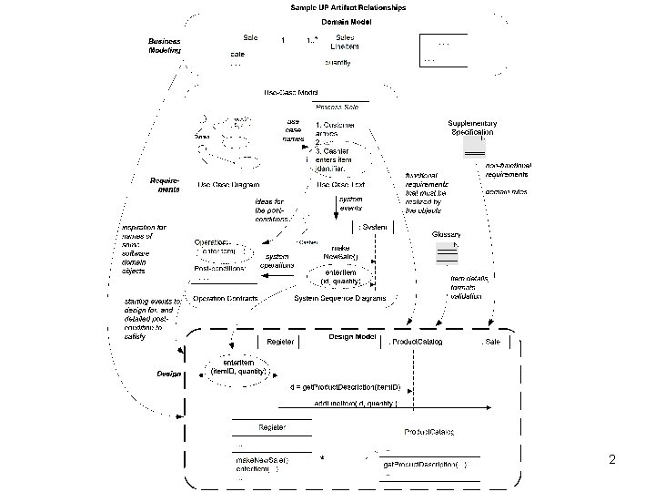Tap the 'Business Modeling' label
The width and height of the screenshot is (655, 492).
click(165, 46)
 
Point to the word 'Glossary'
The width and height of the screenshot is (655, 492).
click(447, 234)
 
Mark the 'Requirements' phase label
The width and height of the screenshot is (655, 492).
click(165, 185)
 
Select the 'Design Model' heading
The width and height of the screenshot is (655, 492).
click(352, 337)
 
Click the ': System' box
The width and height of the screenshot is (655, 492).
click(373, 226)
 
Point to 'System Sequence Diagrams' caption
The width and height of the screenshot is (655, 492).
click(340, 298)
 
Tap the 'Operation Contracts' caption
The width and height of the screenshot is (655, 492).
click(225, 298)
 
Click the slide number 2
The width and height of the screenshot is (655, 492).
click(612, 460)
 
